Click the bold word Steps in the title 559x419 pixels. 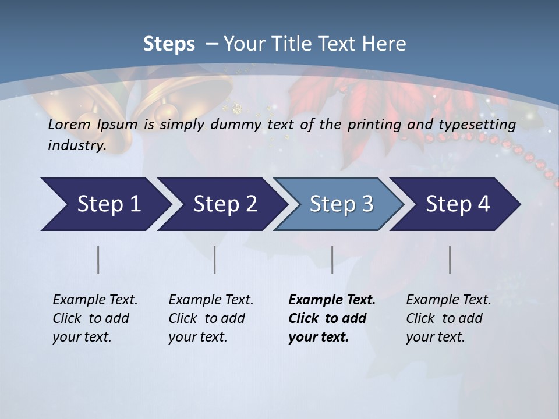(169, 44)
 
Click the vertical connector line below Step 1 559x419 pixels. (98, 260)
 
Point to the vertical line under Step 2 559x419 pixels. (215, 260)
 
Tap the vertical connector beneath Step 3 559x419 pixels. (332, 260)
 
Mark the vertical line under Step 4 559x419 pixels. (450, 260)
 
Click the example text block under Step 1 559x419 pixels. (95, 318)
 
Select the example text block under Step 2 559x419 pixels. (211, 318)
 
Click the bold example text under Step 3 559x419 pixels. (332, 318)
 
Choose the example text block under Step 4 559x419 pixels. (448, 318)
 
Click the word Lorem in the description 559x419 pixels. (69, 125)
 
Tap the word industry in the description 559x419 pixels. (77, 145)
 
